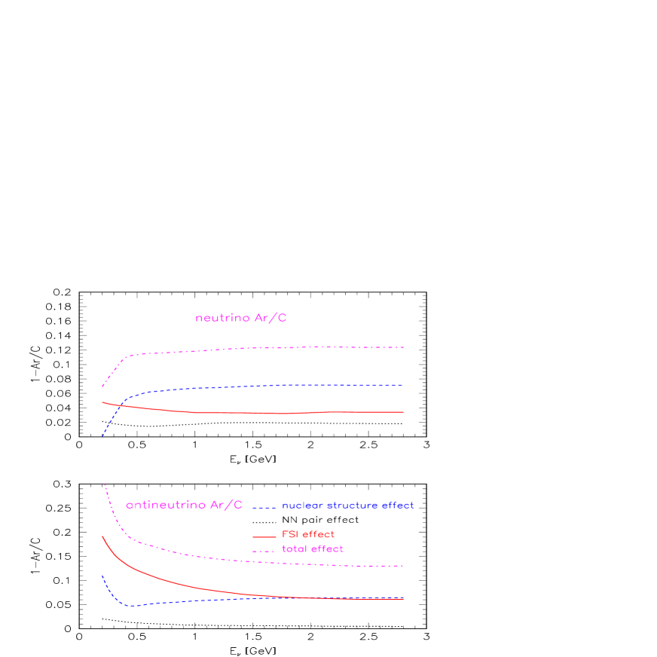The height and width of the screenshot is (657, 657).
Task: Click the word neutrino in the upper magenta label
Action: [222, 319]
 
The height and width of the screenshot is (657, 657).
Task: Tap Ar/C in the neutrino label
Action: [270, 319]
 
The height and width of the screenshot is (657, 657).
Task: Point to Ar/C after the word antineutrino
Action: [225, 505]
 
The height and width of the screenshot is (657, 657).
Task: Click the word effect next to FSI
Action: [319, 534]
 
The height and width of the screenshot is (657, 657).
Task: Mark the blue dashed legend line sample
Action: [264, 507]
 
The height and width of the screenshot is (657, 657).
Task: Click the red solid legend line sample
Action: [264, 536]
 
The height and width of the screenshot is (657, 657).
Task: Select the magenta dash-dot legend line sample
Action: [264, 552]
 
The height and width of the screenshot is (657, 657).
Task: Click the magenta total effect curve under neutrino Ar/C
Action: [264, 347]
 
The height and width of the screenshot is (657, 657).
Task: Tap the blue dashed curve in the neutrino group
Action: [264, 386]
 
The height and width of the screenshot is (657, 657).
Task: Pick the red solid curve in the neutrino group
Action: [264, 413]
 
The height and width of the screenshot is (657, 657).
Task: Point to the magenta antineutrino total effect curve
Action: [264, 561]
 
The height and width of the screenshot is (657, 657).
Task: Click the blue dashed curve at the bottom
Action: [226, 599]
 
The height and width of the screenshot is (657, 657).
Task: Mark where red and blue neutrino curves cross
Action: [120, 405]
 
